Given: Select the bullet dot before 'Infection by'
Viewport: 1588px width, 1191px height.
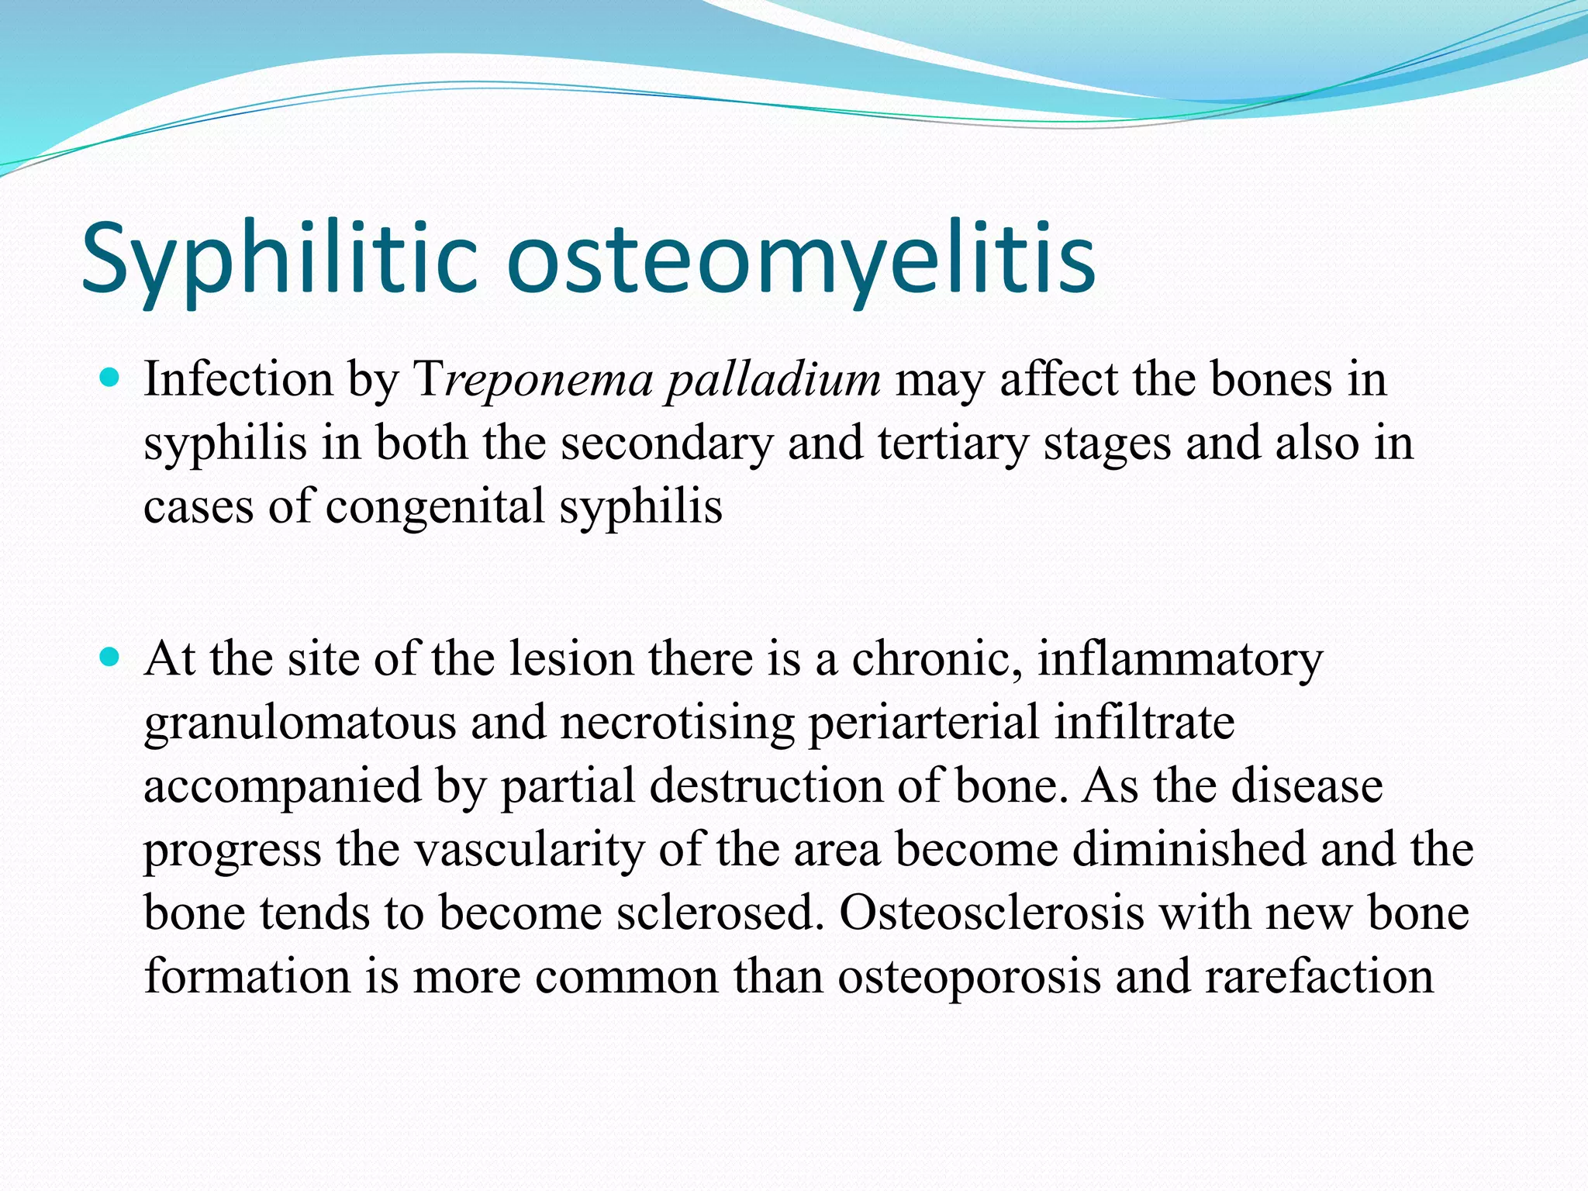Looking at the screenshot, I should coord(110,380).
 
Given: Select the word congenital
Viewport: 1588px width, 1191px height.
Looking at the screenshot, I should coord(435,507).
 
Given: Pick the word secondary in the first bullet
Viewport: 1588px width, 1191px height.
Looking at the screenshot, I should coord(667,444).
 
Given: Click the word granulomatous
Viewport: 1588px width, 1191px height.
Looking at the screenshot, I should coord(299,723).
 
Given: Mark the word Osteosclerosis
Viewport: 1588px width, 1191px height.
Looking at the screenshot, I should coord(992,913).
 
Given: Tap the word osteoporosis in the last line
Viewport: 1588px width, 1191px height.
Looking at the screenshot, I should coord(969,976).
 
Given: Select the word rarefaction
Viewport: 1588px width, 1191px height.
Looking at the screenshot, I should coord(1319,976).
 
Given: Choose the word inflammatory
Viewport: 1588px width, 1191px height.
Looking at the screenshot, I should coord(1180,660).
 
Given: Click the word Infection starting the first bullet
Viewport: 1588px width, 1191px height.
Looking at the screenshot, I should coord(237,381).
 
